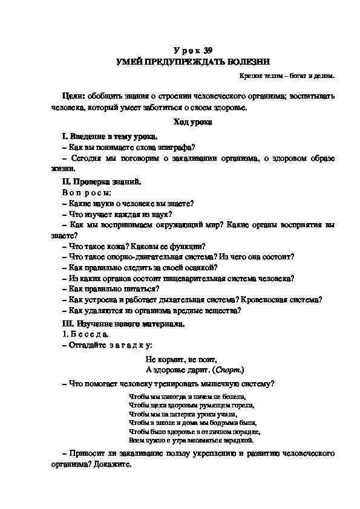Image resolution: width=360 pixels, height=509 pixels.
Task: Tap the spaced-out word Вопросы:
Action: (x=87, y=192)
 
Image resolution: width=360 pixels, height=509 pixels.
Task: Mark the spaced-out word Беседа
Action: (x=90, y=334)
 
